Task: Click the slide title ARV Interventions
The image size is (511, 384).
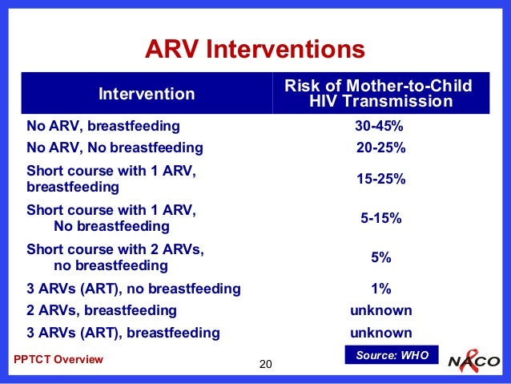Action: tap(255, 51)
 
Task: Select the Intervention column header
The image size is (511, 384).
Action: tap(147, 95)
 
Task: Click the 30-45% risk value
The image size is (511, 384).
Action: tap(379, 126)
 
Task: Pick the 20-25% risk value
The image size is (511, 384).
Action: tap(380, 148)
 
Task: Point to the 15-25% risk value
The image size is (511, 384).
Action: tap(380, 180)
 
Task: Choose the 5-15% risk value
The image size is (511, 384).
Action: tap(380, 217)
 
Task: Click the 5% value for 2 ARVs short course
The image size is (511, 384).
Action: tap(380, 257)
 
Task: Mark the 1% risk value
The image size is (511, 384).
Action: tap(380, 289)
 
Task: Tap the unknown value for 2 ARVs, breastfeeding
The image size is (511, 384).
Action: tap(380, 310)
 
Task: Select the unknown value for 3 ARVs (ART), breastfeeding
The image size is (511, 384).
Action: tap(380, 332)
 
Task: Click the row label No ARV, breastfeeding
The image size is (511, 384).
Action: tap(103, 126)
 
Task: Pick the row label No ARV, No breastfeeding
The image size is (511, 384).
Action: tap(115, 148)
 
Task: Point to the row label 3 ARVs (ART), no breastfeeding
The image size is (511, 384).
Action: tap(134, 289)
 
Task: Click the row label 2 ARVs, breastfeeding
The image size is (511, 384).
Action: tap(102, 310)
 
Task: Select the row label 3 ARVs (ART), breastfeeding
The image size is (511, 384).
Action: tap(123, 332)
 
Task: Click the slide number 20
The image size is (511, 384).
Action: tap(267, 366)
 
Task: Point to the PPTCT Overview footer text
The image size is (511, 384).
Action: tap(59, 359)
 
